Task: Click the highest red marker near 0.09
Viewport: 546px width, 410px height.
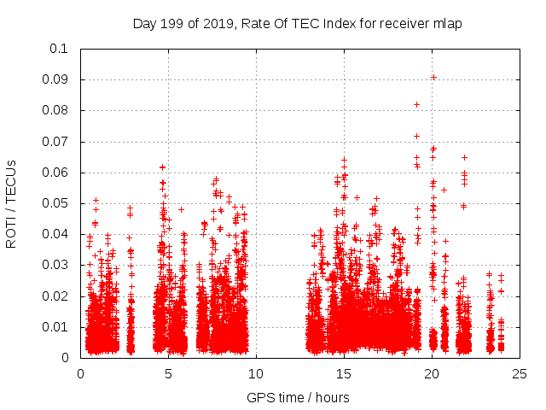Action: tap(433, 78)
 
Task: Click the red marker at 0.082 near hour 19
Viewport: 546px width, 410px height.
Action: tap(416, 104)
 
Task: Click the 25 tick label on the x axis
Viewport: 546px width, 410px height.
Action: tap(520, 373)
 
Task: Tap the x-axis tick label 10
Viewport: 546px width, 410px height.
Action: tap(256, 373)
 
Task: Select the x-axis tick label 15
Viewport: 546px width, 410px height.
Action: tap(344, 373)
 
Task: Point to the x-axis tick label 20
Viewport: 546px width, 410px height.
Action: tap(432, 373)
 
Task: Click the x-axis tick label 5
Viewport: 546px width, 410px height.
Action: tap(168, 373)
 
